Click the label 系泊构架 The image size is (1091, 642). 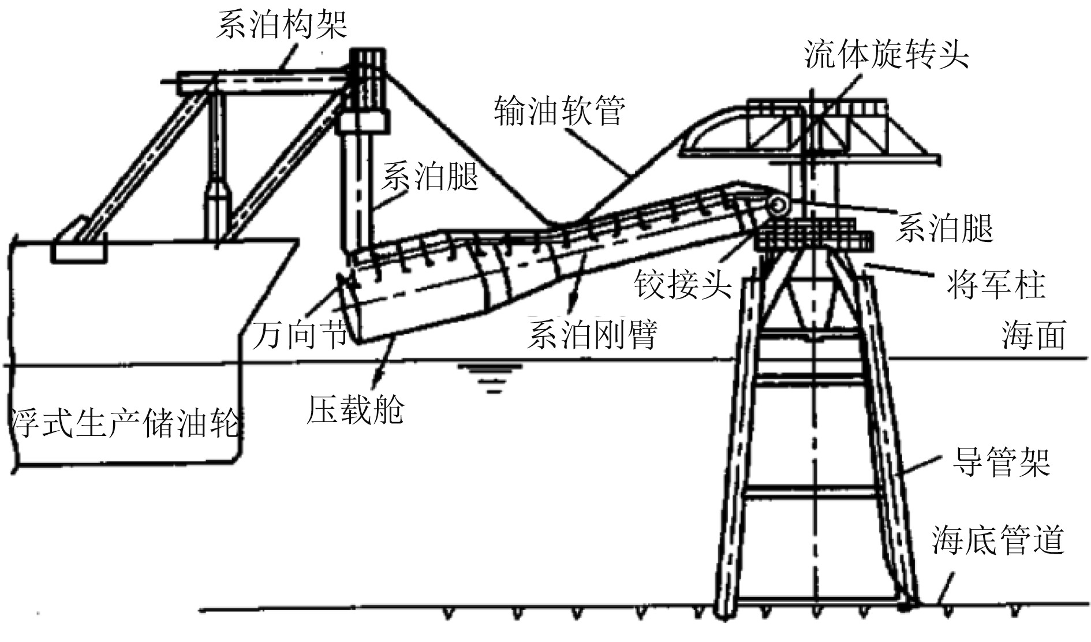tap(282, 26)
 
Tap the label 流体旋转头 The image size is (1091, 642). tap(886, 55)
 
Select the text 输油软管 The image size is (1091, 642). tap(559, 111)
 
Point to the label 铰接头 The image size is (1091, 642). tap(683, 284)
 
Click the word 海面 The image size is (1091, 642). tap(1033, 335)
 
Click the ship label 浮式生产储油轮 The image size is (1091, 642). tap(124, 423)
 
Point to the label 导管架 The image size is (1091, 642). tap(1000, 462)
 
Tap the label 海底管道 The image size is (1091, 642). tap(997, 540)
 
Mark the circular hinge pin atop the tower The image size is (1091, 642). tap(778, 206)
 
